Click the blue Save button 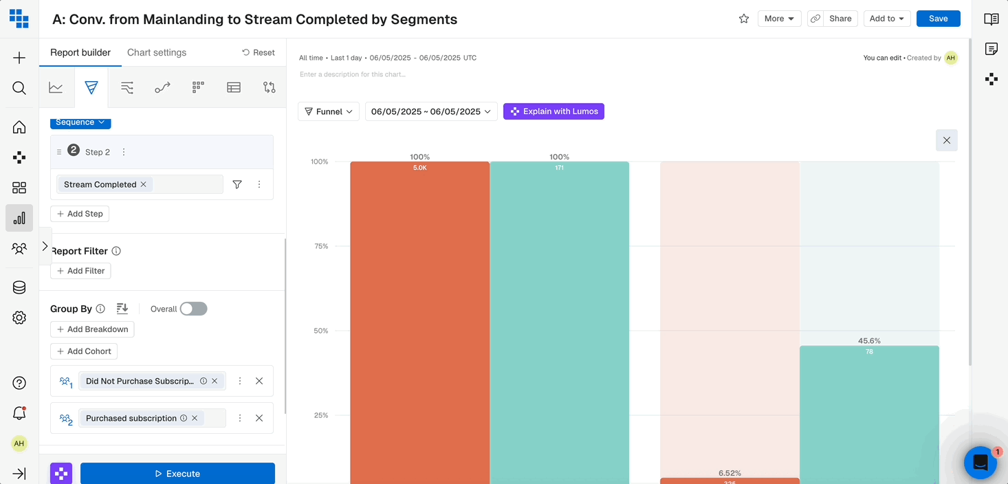click(938, 19)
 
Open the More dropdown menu click(779, 19)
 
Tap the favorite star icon click(743, 19)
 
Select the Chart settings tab click(157, 52)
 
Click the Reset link click(259, 52)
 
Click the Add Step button click(80, 214)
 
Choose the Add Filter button click(80, 271)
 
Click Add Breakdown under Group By click(92, 329)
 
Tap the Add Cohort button click(84, 351)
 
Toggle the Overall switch click(193, 309)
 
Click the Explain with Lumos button click(554, 111)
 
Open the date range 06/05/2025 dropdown click(431, 111)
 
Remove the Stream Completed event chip click(144, 184)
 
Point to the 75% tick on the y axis click(320, 246)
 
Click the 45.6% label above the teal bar click(869, 341)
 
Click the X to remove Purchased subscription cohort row click(259, 418)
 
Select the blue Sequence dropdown click(80, 122)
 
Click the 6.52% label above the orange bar click(730, 473)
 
